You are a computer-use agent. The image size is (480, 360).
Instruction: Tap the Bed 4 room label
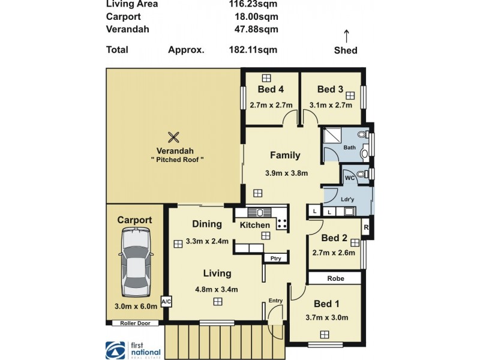(271, 90)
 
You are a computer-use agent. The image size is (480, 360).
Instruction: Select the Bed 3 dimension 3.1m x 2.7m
(330, 105)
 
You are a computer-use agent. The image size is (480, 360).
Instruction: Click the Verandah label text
(174, 151)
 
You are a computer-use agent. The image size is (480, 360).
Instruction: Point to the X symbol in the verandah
(173, 137)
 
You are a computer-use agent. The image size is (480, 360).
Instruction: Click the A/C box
(165, 301)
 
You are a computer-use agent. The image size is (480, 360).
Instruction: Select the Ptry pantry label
(276, 258)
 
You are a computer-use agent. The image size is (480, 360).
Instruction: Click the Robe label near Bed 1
(335, 278)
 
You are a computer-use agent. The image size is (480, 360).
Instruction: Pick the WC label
(349, 178)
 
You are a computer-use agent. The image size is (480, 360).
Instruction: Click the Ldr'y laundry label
(347, 199)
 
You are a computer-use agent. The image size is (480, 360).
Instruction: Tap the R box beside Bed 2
(365, 227)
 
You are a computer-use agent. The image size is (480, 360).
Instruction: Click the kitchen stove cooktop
(282, 223)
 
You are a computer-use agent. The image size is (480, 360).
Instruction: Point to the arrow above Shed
(346, 34)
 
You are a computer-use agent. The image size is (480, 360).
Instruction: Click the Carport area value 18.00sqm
(258, 17)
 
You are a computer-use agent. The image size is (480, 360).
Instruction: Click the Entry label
(276, 301)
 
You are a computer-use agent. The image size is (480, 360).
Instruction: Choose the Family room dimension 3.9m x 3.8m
(286, 173)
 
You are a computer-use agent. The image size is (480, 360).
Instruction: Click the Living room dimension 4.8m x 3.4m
(216, 289)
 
